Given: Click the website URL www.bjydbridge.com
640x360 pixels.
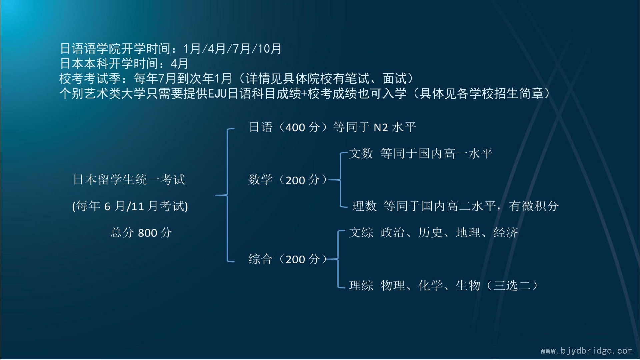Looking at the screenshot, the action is click(586, 351).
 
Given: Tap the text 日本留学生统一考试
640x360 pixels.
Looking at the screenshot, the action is click(129, 180).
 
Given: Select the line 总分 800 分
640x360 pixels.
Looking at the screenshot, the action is click(141, 233).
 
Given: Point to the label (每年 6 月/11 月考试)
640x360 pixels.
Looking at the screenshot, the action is click(130, 206).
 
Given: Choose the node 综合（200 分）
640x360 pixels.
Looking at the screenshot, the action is click(288, 259).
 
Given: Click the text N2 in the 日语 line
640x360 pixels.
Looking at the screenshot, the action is click(381, 127).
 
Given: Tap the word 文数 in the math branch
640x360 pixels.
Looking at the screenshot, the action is click(361, 153).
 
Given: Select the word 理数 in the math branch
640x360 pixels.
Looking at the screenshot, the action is click(364, 206).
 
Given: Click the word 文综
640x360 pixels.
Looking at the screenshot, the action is click(361, 232).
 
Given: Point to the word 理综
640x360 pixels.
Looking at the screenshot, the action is click(361, 285).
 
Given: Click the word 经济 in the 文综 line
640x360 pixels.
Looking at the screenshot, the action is click(506, 232).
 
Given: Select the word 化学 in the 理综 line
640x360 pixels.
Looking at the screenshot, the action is click(430, 285).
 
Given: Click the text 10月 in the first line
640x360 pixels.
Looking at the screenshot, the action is click(270, 49).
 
